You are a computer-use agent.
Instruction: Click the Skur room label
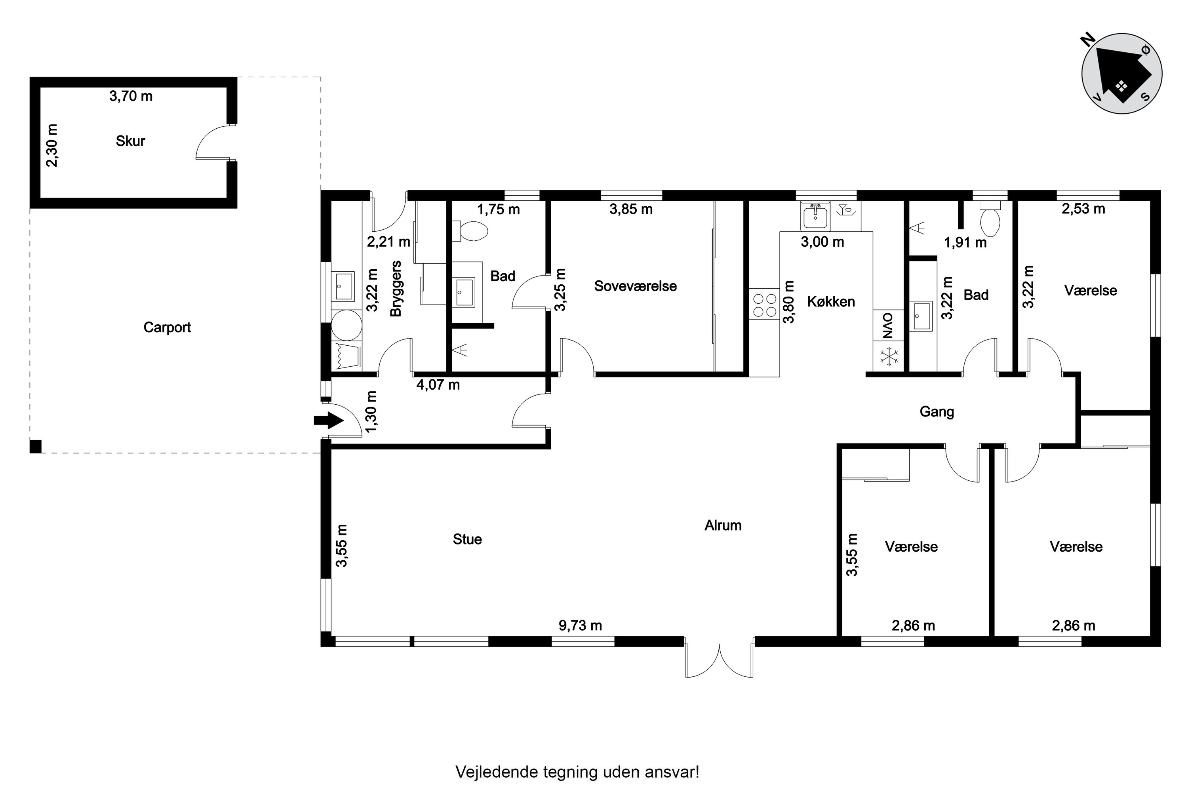point(130,141)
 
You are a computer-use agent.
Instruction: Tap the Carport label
point(167,328)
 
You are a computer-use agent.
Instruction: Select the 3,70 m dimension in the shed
point(131,96)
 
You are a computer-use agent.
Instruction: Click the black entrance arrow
point(328,420)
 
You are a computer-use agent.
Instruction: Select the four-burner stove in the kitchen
point(764,303)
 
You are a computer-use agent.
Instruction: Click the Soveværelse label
point(636,286)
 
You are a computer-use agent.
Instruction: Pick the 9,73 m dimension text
point(581,626)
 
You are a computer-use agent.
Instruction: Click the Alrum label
point(723,526)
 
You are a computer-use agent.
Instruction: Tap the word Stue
point(467,539)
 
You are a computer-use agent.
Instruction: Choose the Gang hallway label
point(937,412)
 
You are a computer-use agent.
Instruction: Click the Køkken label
point(831,302)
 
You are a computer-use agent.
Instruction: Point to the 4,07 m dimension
point(438,385)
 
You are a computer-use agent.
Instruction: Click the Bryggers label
point(396,288)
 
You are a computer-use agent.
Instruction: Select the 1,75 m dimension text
point(499,209)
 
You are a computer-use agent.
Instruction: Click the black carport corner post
point(35,447)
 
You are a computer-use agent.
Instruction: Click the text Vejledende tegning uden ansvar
point(577,772)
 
